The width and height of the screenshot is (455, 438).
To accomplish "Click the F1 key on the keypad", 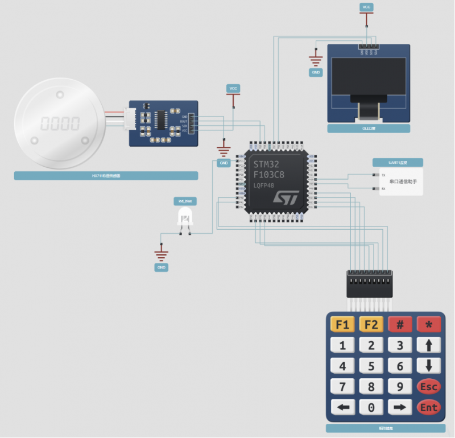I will point(342,325).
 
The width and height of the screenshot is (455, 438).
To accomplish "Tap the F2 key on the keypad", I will point(371,325).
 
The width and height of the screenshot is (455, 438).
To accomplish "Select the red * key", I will point(428,325).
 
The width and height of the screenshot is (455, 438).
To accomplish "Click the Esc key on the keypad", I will point(428,387).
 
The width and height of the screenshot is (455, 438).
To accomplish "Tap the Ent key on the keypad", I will point(428,407).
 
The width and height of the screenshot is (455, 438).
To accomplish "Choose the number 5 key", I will point(371,366).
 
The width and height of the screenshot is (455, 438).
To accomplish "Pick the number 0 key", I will point(371,407).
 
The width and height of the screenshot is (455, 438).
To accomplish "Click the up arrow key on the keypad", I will point(428,345).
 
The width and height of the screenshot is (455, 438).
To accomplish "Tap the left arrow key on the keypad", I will point(342,407).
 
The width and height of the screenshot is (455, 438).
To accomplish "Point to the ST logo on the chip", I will point(286,197).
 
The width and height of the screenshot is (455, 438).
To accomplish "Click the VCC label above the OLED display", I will point(366,7).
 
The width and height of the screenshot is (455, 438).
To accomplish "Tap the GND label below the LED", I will point(161,267).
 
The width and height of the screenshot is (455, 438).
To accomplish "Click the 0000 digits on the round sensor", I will point(60,123).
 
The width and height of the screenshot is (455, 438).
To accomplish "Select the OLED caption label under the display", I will point(369,129).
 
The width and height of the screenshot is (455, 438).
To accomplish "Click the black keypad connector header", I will point(370,283).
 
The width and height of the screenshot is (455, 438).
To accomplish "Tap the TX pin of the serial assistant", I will point(375,175).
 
